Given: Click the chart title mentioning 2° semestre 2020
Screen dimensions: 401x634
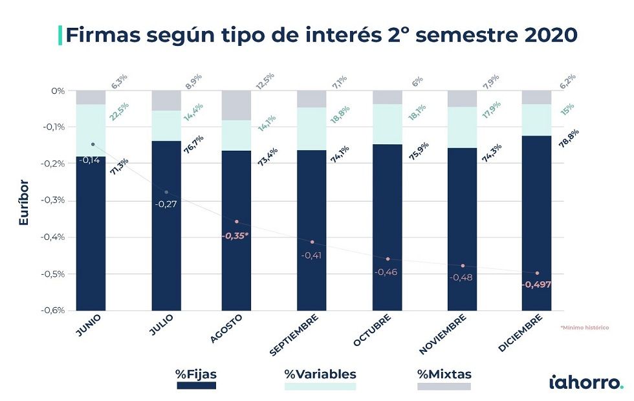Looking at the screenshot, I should [x=320, y=34].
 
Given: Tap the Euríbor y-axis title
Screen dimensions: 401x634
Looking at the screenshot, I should [x=24, y=202].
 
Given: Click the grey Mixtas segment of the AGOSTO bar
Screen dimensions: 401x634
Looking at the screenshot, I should [x=236, y=105].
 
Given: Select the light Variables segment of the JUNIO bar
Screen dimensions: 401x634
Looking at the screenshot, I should [x=91, y=130].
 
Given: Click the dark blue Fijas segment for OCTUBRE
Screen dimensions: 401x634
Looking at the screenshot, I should [x=387, y=226].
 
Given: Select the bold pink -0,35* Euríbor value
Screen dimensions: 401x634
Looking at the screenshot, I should [x=235, y=236].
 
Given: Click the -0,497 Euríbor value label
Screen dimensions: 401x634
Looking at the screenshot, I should [x=536, y=285].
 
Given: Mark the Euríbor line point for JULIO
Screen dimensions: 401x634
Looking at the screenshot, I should [x=166, y=192].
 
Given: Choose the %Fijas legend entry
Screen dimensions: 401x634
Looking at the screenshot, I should [x=196, y=374].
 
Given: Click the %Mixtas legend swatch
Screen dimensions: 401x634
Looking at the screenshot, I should [x=444, y=386].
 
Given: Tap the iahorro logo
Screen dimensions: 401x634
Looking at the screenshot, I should [x=586, y=382].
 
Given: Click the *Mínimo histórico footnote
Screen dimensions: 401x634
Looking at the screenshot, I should [x=584, y=328].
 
